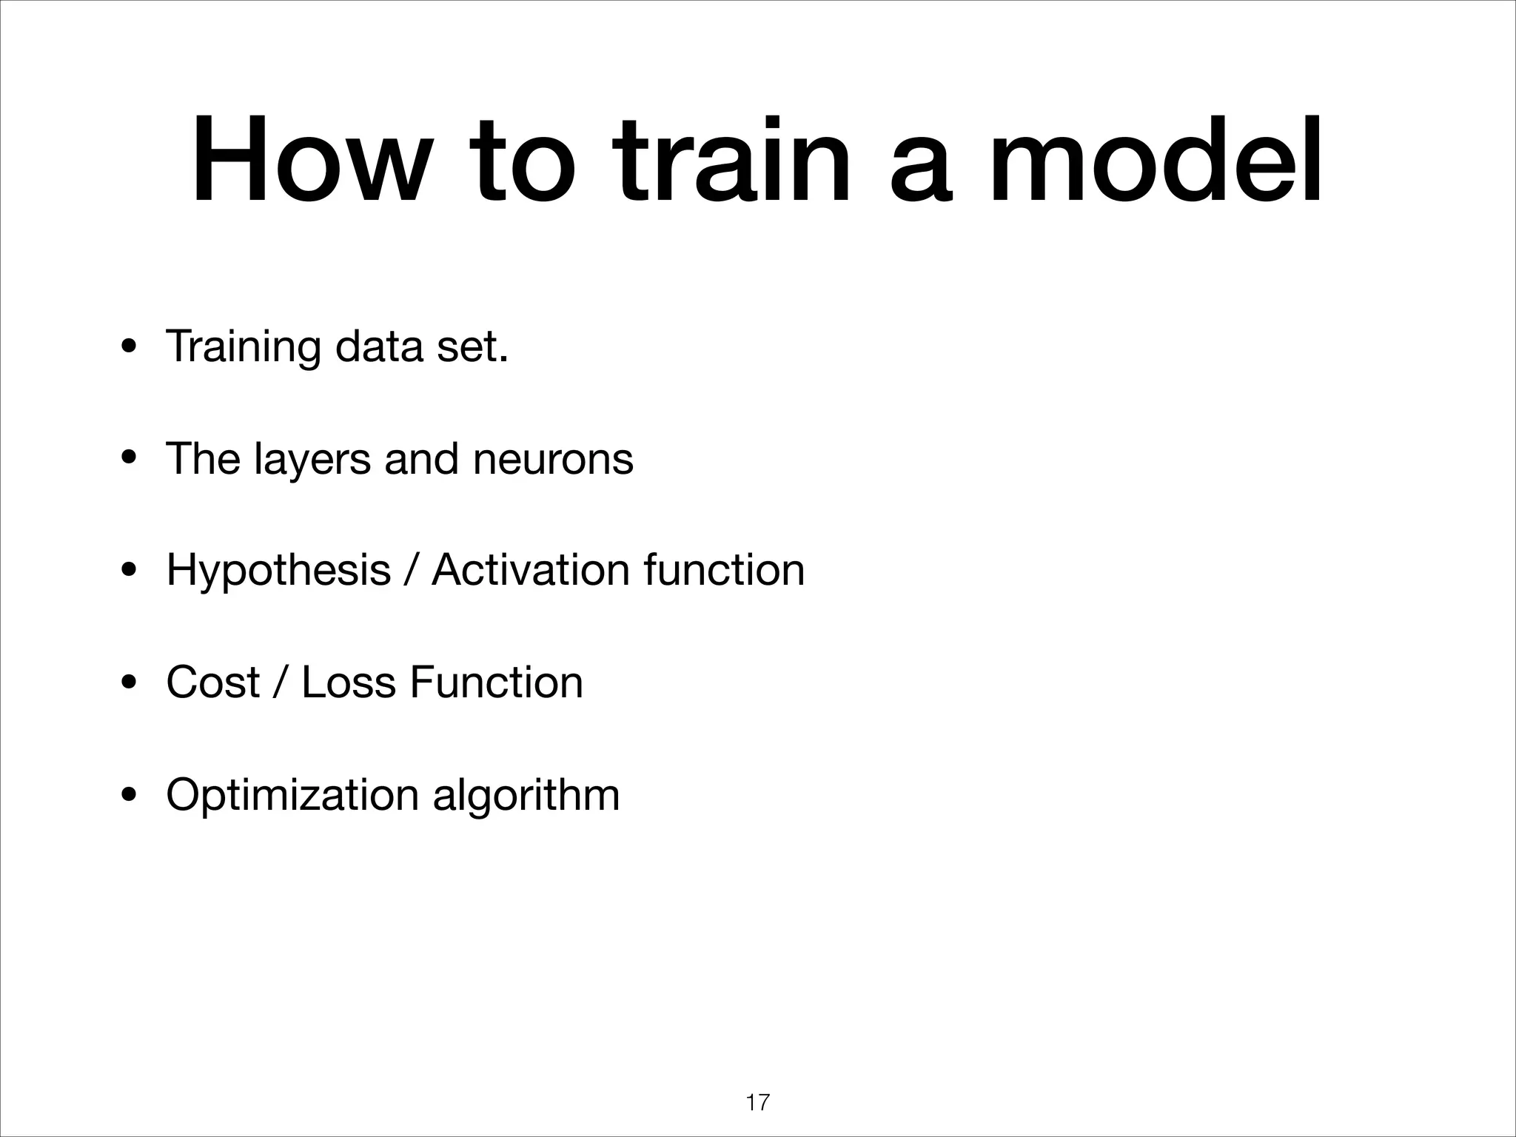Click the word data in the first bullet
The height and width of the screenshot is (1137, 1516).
[x=378, y=346]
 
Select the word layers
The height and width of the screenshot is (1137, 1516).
[x=312, y=459]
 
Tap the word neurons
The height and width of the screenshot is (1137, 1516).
[x=552, y=459]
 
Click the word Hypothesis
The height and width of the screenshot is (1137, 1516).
[x=278, y=571]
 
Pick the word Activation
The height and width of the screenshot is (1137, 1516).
[x=530, y=571]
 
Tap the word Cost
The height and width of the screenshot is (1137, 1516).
[x=213, y=682]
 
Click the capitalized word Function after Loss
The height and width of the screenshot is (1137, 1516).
[x=496, y=682]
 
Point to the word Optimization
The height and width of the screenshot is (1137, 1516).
[x=292, y=795]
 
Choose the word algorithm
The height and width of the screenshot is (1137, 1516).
[x=526, y=795]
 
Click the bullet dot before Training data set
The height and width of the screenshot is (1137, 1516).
[x=129, y=347]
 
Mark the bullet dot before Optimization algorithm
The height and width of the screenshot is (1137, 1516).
[x=129, y=796]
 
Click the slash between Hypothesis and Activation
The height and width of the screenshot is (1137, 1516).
[x=411, y=571]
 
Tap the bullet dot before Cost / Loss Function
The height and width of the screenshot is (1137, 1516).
[x=129, y=684]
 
